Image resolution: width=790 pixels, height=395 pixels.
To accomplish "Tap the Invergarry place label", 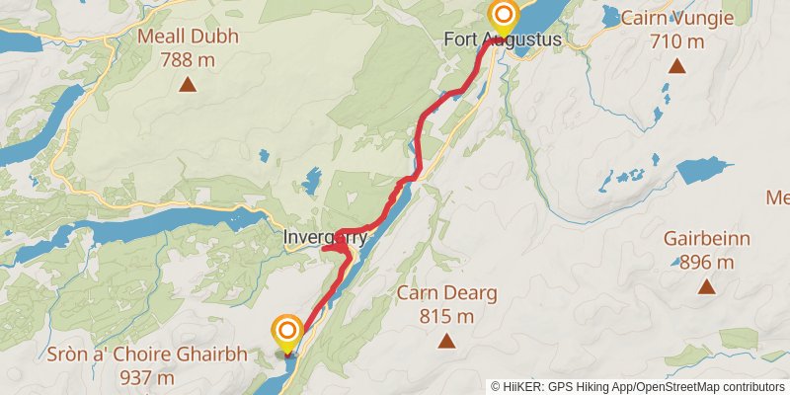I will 325,238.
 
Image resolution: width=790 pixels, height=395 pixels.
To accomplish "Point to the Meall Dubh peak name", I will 188,37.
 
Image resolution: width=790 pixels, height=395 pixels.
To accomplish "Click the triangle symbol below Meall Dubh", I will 188,84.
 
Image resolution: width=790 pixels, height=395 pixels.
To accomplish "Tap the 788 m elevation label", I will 188,59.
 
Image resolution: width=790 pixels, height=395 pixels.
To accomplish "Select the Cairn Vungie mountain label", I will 676,18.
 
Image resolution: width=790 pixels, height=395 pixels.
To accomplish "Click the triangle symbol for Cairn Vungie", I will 676,66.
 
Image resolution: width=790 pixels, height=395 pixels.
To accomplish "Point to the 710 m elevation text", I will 676,41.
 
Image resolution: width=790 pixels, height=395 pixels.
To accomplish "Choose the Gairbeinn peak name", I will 707,239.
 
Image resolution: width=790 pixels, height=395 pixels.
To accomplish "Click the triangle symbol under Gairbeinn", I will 707,287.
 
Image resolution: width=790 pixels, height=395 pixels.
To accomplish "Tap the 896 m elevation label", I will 707,263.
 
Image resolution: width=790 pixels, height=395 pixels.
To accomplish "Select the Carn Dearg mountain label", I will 446,293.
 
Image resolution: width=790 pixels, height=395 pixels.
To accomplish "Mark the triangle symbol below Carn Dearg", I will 446,342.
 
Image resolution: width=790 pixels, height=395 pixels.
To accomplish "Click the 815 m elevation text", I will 446,317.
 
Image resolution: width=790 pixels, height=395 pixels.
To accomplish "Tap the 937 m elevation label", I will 146,378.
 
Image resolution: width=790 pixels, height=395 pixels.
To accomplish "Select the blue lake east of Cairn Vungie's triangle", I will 705,169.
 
